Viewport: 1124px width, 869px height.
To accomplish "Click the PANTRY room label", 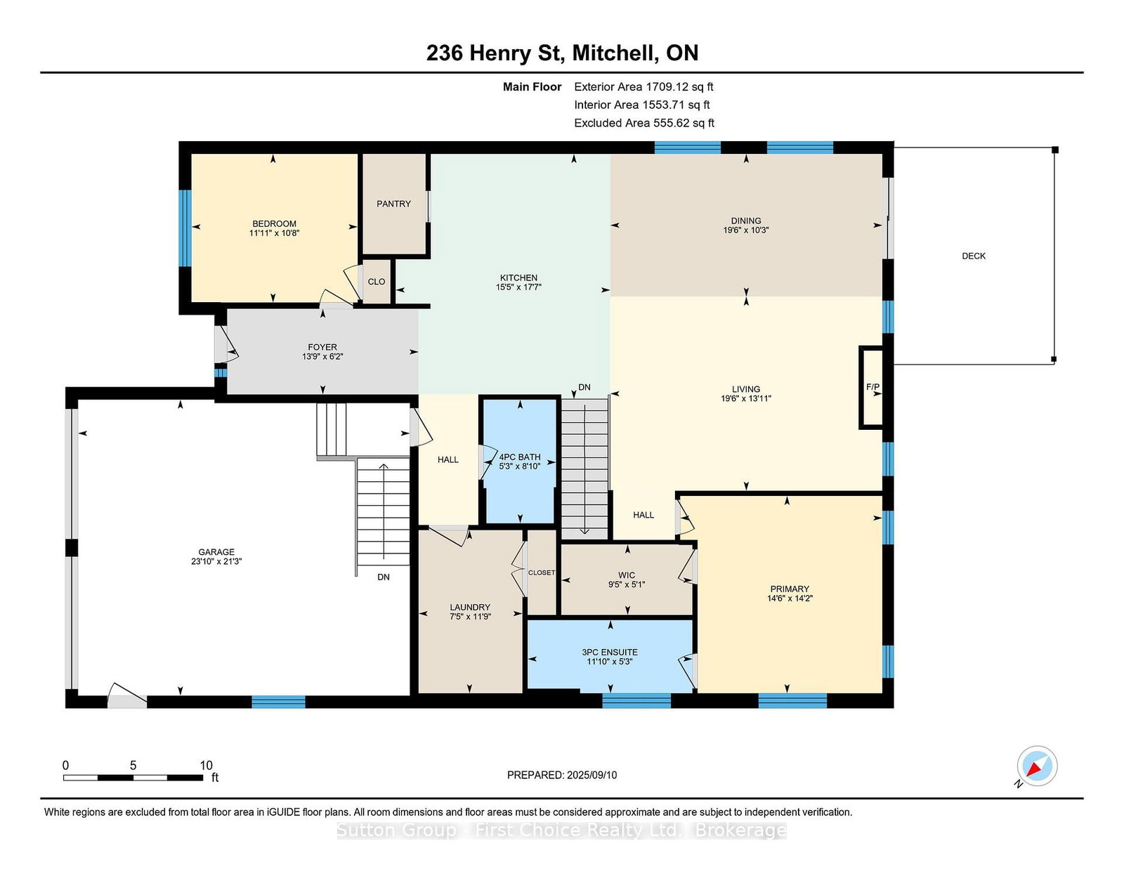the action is pyautogui.click(x=393, y=204).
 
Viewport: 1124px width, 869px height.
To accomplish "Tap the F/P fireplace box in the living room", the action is pyautogui.click(x=871, y=387).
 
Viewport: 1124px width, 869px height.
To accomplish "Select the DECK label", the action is pyautogui.click(x=974, y=256).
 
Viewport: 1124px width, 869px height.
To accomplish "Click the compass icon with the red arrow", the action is pyautogui.click(x=1037, y=766).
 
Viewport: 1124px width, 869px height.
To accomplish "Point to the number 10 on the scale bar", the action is pyautogui.click(x=206, y=766).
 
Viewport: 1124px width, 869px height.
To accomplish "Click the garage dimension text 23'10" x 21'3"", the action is pyautogui.click(x=216, y=561).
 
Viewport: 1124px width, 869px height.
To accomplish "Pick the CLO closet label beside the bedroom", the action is pyautogui.click(x=377, y=282).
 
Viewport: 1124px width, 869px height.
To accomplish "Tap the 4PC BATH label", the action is pyautogui.click(x=520, y=457).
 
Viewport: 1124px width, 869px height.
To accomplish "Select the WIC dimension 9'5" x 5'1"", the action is pyautogui.click(x=627, y=584).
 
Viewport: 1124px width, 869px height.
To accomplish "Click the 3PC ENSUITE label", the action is pyautogui.click(x=609, y=652).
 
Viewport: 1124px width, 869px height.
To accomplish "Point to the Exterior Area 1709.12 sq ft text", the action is pyautogui.click(x=643, y=87).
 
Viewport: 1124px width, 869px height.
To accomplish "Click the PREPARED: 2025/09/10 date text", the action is pyautogui.click(x=562, y=775).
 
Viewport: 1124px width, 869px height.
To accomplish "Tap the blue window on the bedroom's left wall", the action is pyautogui.click(x=185, y=228).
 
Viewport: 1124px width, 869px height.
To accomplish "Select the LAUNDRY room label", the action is pyautogui.click(x=470, y=607).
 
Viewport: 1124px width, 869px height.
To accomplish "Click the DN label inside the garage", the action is pyautogui.click(x=384, y=577).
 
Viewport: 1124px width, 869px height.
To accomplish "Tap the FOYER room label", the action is pyautogui.click(x=322, y=347).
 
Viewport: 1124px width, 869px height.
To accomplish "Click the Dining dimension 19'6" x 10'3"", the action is pyautogui.click(x=746, y=230).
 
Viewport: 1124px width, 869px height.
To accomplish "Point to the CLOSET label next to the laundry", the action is pyautogui.click(x=542, y=573).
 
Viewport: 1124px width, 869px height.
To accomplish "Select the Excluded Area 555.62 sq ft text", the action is pyautogui.click(x=644, y=123).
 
